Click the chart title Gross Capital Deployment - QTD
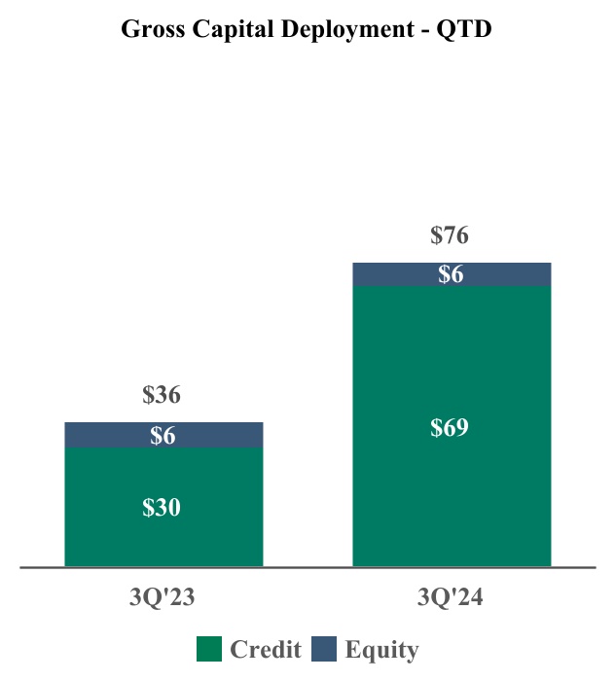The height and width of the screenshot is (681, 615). [x=307, y=29]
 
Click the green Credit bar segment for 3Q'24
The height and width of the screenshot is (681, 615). [x=452, y=486]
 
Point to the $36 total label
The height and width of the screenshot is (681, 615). [x=162, y=395]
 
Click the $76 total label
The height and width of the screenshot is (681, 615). [x=450, y=235]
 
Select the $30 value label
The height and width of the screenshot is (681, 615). [x=162, y=507]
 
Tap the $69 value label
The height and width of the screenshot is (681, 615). [x=450, y=427]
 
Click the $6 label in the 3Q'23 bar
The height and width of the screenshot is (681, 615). [x=162, y=436]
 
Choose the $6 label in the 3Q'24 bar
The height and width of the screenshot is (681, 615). [x=450, y=275]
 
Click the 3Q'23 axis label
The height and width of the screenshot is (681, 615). [x=163, y=598]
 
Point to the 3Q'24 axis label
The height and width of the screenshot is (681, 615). [x=451, y=598]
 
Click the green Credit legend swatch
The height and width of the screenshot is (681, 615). [x=209, y=650]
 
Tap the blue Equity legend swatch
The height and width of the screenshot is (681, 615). [x=324, y=650]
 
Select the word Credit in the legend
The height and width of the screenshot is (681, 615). [x=266, y=650]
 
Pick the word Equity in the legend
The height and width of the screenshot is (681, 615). [x=381, y=650]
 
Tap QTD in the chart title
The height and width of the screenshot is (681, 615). [x=465, y=29]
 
